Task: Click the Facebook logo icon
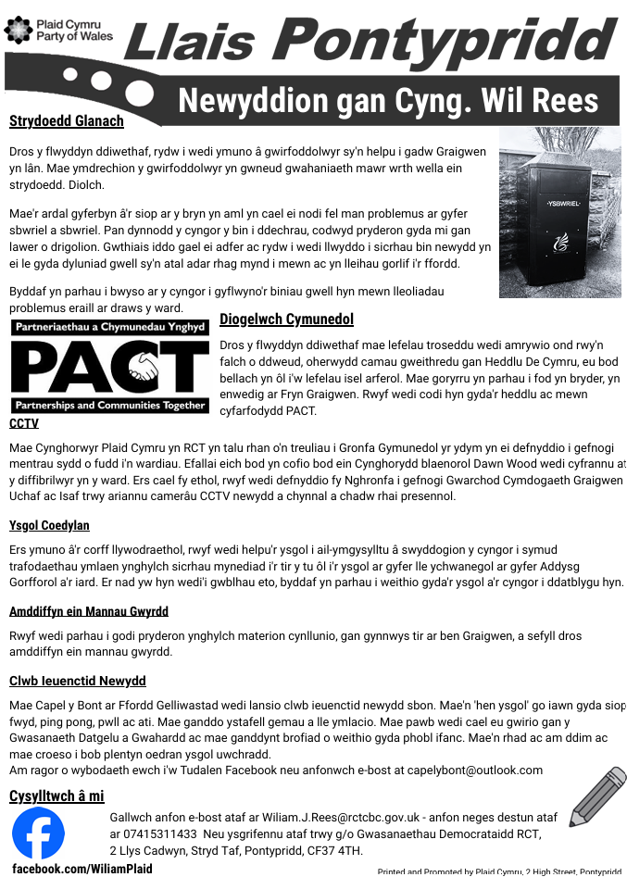click(39, 833)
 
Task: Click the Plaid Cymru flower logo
click(19, 30)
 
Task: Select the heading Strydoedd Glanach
click(66, 120)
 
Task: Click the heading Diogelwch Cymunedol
click(286, 319)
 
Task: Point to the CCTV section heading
click(24, 423)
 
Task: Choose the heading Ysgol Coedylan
click(49, 525)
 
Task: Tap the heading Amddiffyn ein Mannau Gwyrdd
click(88, 611)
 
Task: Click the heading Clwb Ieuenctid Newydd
click(77, 681)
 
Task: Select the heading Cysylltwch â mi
click(56, 796)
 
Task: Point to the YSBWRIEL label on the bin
click(561, 203)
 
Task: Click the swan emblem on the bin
click(559, 243)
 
